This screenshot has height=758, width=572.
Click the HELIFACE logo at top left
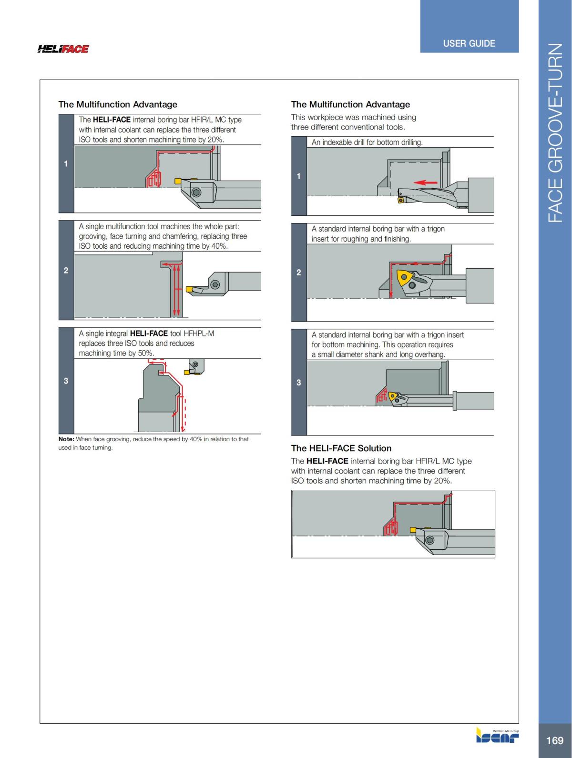(x=63, y=49)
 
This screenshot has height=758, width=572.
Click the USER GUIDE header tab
(x=469, y=43)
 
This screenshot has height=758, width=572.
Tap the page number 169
(x=554, y=740)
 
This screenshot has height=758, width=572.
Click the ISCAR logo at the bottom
(x=497, y=737)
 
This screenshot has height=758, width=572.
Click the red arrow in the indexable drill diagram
(x=425, y=182)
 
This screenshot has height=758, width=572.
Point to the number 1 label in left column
(x=66, y=164)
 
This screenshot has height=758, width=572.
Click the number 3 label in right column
(x=298, y=383)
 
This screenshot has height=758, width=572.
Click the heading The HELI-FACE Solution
(x=341, y=448)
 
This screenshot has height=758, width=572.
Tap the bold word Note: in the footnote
(x=66, y=439)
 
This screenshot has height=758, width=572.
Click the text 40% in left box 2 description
(x=218, y=246)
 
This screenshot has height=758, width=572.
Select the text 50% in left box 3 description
(x=145, y=353)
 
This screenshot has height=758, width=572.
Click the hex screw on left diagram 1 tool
(x=197, y=192)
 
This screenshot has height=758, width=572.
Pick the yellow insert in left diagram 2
(x=189, y=289)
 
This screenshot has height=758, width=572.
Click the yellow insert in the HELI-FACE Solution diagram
(x=413, y=530)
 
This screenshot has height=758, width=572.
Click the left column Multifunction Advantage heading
(x=118, y=104)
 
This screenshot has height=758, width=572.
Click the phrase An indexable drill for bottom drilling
(x=367, y=142)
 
